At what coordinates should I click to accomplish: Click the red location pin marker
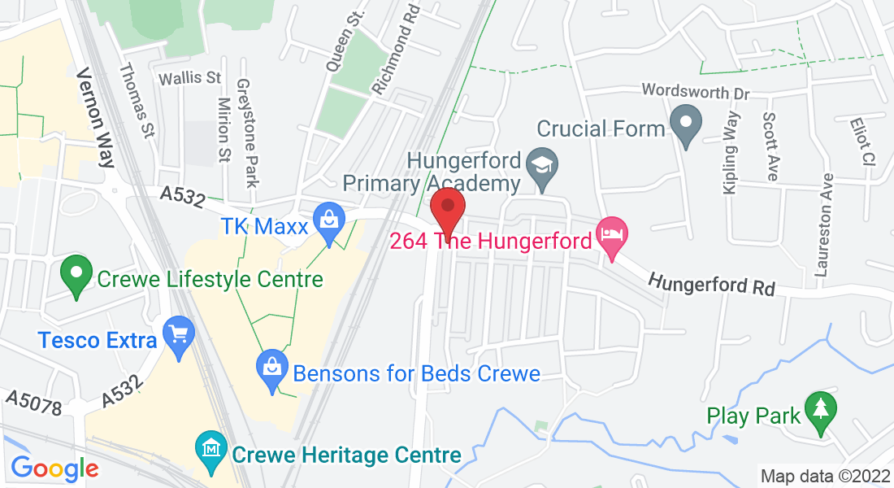447,208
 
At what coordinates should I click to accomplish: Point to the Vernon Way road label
96,117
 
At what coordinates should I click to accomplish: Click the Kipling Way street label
730,159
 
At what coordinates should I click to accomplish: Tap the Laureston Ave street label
826,224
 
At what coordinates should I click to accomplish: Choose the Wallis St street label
190,79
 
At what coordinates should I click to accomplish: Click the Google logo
54,468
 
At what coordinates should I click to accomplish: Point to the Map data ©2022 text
824,476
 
